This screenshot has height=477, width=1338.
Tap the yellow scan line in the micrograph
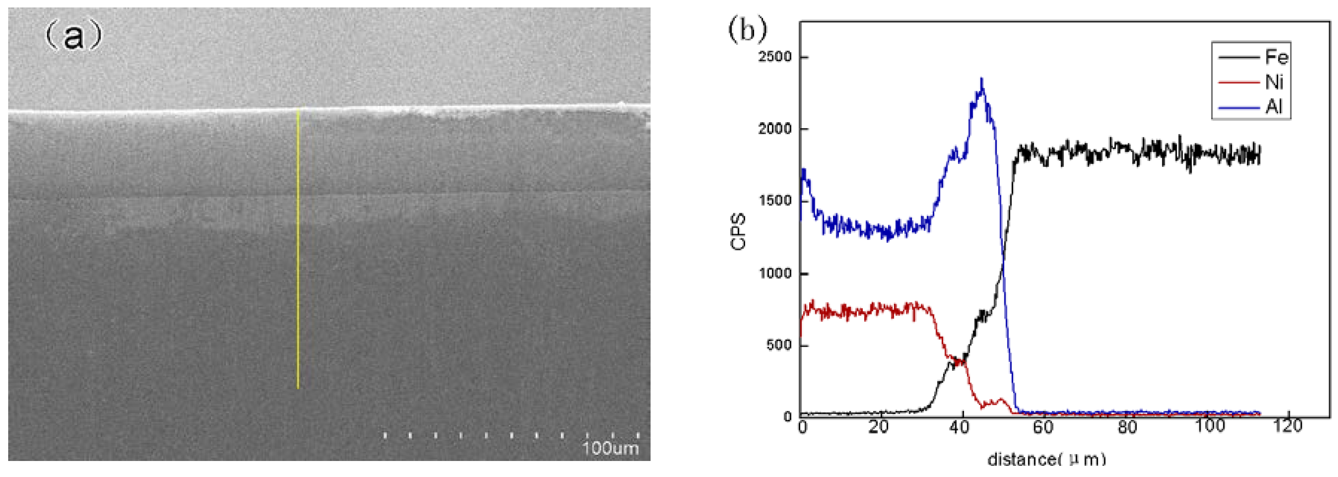pyautogui.click(x=298, y=249)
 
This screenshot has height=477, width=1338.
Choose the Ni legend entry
pyautogui.click(x=1275, y=82)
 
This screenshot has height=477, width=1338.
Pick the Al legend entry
pyautogui.click(x=1274, y=107)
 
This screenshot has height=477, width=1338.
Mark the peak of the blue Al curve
pyautogui.click(x=982, y=79)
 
